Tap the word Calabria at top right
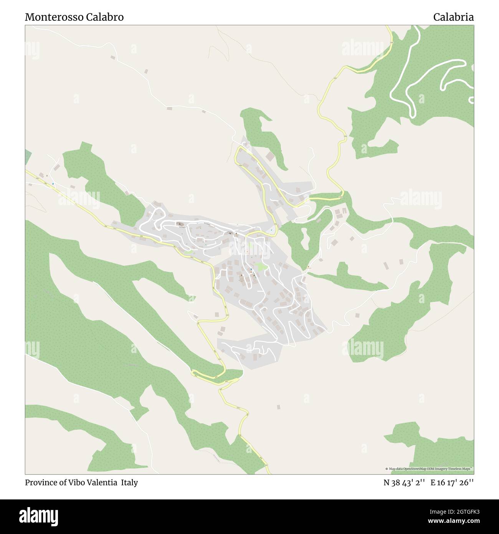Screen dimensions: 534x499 [453, 17]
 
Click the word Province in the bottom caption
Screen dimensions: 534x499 [40, 483]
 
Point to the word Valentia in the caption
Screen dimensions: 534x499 [103, 483]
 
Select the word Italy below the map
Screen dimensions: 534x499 [129, 483]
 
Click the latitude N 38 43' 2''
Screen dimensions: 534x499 [404, 483]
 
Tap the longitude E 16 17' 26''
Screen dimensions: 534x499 [452, 483]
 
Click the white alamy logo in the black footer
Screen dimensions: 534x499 [39, 516]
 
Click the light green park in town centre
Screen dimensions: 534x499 [261, 266]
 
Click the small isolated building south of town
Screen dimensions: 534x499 [279, 407]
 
